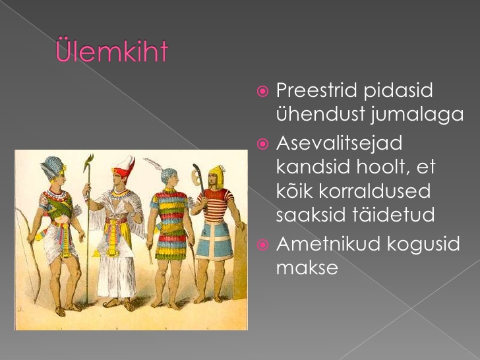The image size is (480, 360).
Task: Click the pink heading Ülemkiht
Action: click(x=111, y=50)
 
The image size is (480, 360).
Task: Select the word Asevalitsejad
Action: click(x=339, y=143)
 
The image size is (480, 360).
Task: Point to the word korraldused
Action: click(x=375, y=191)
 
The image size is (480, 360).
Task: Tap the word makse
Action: click(x=307, y=267)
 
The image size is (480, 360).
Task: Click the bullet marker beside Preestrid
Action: click(x=262, y=91)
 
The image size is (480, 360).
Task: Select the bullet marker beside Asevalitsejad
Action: click(x=262, y=144)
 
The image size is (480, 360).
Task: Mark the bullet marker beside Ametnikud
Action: click(x=262, y=245)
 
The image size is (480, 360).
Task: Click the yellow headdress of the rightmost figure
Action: click(x=216, y=175)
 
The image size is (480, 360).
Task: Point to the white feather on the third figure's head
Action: click(x=156, y=164)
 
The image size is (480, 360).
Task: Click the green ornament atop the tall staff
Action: click(x=88, y=162)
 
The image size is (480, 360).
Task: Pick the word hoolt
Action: click(x=380, y=167)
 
